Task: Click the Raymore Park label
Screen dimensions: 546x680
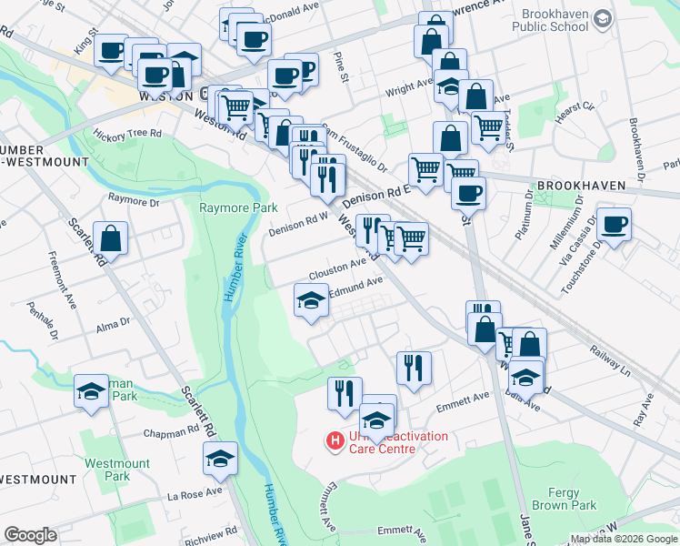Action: pos(238,208)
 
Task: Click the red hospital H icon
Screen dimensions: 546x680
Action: pos(335,441)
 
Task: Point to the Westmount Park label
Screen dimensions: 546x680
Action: pos(117,470)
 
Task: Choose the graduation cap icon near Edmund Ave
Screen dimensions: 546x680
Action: pos(311,300)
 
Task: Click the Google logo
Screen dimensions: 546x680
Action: pos(31,535)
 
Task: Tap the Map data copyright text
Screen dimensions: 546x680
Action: pos(623,539)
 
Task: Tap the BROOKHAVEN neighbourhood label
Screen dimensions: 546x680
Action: pos(581,186)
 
